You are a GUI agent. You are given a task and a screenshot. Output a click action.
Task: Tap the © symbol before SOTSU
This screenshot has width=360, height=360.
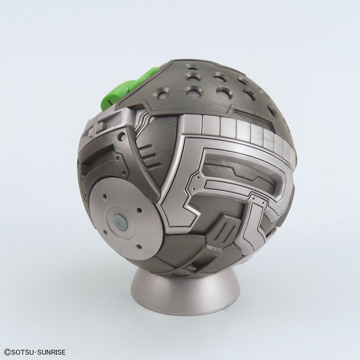[x=6, y=351]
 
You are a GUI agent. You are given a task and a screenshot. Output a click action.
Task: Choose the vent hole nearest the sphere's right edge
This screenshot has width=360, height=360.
[x=273, y=110]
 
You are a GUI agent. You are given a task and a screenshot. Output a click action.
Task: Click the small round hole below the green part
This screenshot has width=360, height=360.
[x=121, y=135]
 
